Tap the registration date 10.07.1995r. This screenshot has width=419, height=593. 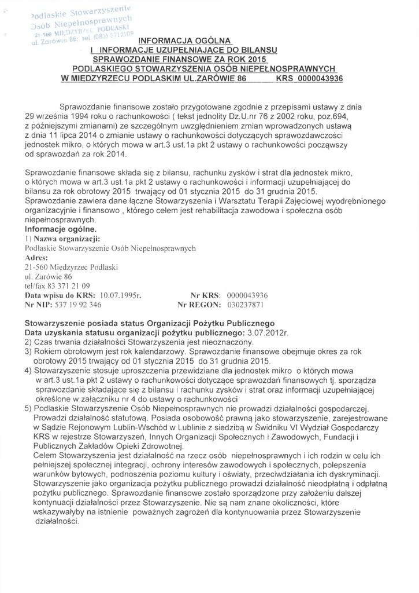(x=121, y=295)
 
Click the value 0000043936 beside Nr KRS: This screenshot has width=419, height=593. (x=243, y=295)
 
